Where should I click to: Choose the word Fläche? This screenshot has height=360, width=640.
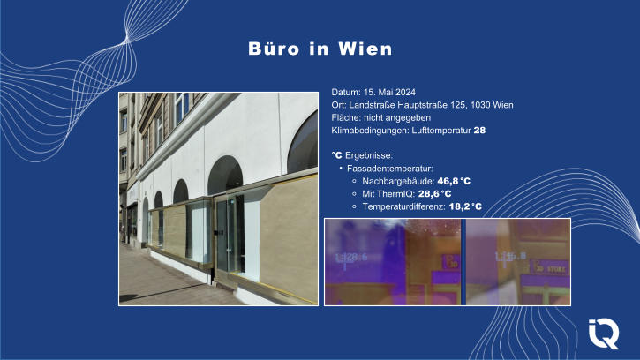tap(346, 117)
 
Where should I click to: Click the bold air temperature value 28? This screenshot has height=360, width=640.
tap(480, 130)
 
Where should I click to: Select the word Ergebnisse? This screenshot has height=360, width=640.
tap(368, 154)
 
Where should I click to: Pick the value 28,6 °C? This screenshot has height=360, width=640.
tap(435, 193)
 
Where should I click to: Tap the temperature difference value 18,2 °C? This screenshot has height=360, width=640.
tap(464, 206)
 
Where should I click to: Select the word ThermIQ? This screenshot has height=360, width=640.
tap(395, 193)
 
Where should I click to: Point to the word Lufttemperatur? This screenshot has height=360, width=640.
tap(440, 130)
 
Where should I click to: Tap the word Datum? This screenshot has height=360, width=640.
tap(345, 93)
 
